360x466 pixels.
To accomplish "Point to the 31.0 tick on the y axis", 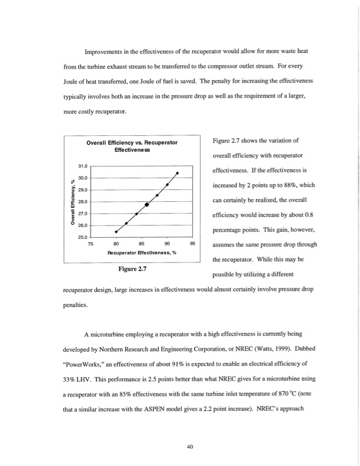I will click(x=82, y=167).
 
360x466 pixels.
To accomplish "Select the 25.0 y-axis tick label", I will click(x=82, y=237).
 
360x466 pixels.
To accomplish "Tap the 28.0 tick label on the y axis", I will click(x=82, y=202).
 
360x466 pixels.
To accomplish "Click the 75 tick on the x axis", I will click(x=91, y=244).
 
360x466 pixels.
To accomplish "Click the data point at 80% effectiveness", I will click(x=116, y=231).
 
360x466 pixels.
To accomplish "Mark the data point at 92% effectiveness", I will click(x=177, y=172).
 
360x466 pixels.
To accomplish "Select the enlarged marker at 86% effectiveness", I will click(x=146, y=204).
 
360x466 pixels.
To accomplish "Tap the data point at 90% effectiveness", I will click(x=167, y=185).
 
